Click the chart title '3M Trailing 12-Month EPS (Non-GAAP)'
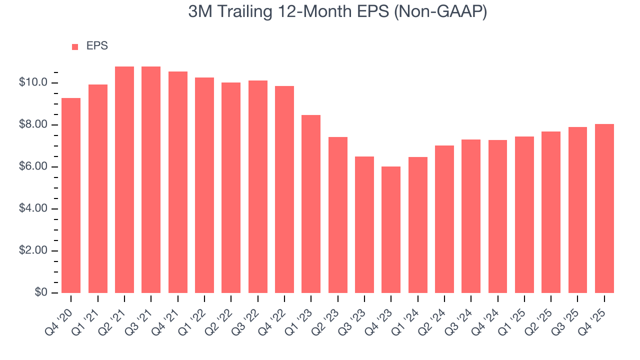tap(337, 12)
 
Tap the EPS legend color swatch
tap(75, 46)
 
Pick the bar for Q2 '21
tap(124, 179)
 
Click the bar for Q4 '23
tap(391, 229)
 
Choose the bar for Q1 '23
tap(311, 204)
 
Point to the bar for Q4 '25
tap(604, 208)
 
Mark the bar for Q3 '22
tap(257, 186)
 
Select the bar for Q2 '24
tap(444, 219)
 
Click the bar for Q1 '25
tap(524, 214)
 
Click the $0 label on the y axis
tap(40, 292)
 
